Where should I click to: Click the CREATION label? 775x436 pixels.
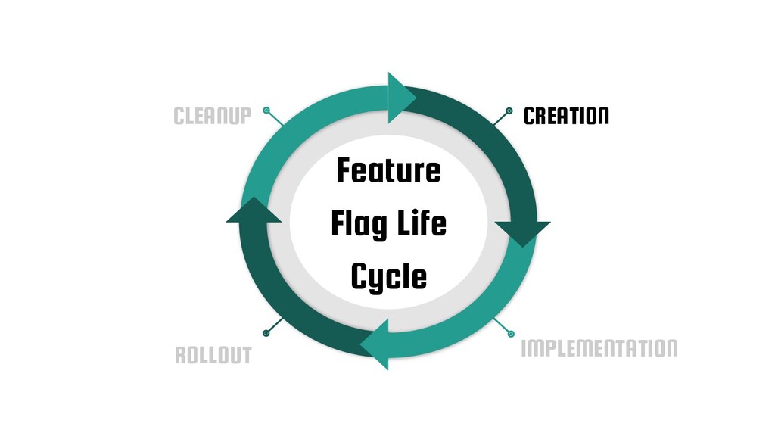tap(566, 117)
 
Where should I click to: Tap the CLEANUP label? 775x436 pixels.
tap(212, 117)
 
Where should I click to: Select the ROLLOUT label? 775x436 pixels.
tap(213, 356)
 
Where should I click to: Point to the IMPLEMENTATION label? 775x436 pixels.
tap(599, 349)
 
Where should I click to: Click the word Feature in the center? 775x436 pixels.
tap(388, 171)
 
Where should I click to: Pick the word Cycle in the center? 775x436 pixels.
tap(388, 278)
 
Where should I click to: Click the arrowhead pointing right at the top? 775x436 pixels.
tap(401, 98)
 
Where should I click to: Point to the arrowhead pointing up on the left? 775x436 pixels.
tap(254, 211)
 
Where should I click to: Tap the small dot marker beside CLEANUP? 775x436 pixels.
tap(266, 111)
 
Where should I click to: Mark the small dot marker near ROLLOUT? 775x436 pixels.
tap(266, 333)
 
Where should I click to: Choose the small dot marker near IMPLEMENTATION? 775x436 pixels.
tap(510, 333)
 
